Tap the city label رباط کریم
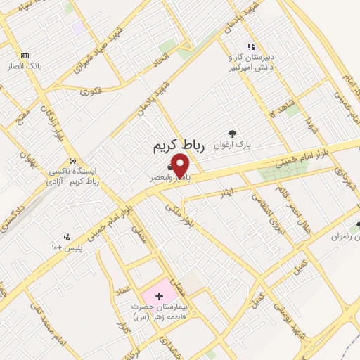pyautogui.click(x=179, y=146)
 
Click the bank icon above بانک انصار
pyautogui.click(x=25, y=56)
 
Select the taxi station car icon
pyautogui.click(x=82, y=161)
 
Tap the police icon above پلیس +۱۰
pyautogui.click(x=67, y=237)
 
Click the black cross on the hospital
pyautogui.click(x=159, y=295)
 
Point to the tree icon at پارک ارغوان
pyautogui.click(x=232, y=133)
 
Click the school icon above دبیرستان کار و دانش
pyautogui.click(x=250, y=46)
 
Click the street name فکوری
pyautogui.click(x=91, y=91)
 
